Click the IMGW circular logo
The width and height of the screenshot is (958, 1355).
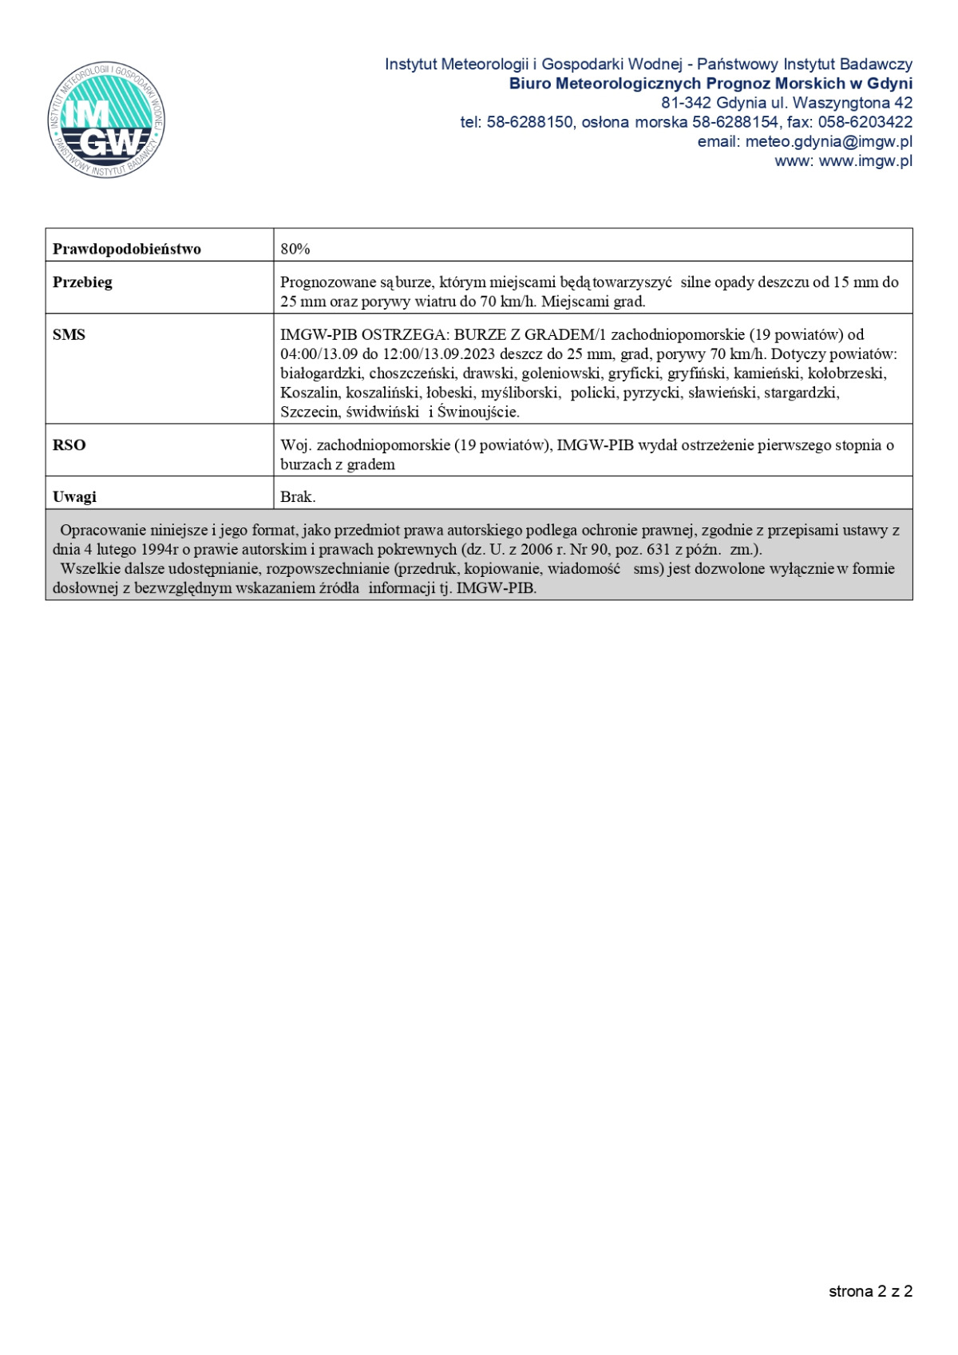pos(106,119)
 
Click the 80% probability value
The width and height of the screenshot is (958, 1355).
pos(295,249)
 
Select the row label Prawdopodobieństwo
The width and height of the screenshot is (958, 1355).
pos(126,249)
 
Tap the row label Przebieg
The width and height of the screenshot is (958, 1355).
pos(82,282)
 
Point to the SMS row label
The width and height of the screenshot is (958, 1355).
pos(69,335)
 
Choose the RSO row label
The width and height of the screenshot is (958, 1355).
pos(69,445)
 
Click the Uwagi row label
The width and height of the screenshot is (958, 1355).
pos(74,497)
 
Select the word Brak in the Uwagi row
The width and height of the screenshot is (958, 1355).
pos(296,497)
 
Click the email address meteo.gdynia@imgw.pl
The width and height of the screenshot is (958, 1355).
pos(829,141)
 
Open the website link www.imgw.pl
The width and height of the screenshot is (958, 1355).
pos(865,160)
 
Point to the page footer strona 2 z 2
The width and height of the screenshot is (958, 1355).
pos(870,1291)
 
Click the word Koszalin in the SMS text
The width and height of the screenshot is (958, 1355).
pos(309,393)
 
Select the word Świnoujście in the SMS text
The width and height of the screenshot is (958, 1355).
pos(477,413)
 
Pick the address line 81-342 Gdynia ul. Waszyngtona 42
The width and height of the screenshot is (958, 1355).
pos(786,103)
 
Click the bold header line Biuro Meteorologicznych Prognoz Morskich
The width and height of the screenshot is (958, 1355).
pos(711,84)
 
